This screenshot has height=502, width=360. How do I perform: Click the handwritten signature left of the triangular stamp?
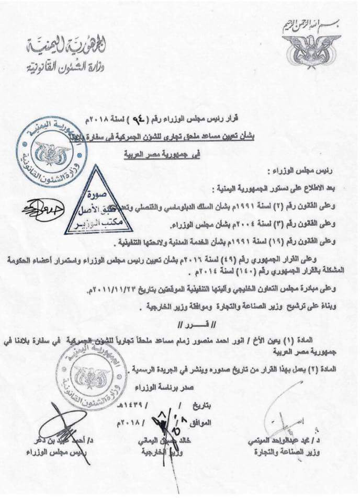[x=43, y=208]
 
